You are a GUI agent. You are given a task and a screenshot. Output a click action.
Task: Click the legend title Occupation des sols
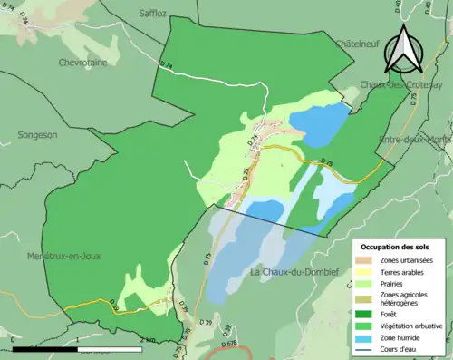tap(395, 247)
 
